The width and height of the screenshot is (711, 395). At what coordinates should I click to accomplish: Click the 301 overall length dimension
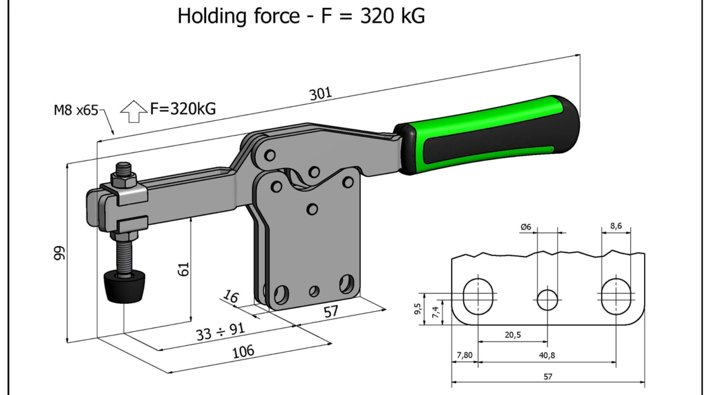[321, 94]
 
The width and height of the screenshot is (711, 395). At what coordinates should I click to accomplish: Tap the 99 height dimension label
[60, 253]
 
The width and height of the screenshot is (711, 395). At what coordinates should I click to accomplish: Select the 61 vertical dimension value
[183, 269]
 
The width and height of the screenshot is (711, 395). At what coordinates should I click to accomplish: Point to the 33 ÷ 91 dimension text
[221, 332]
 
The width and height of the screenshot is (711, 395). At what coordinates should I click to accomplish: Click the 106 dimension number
[243, 351]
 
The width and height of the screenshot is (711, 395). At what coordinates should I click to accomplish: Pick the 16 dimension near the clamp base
[231, 297]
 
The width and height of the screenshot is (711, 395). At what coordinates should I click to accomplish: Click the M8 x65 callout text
[76, 110]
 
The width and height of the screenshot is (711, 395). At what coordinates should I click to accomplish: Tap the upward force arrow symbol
[134, 111]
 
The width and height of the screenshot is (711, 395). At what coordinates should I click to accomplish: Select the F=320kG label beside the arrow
[183, 109]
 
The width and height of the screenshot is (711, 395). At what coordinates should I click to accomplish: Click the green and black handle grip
[487, 134]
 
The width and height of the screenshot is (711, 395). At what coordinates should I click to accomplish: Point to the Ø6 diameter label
[526, 227]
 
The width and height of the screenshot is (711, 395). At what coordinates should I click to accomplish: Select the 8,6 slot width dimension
[616, 225]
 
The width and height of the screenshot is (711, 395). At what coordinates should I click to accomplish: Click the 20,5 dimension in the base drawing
[513, 335]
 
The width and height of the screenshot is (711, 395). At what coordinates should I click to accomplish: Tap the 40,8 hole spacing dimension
[547, 355]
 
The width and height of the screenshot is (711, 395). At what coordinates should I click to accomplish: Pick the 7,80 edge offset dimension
[464, 355]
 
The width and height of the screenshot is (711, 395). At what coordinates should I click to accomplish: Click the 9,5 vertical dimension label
[417, 308]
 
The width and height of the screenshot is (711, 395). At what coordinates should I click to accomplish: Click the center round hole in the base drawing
[548, 300]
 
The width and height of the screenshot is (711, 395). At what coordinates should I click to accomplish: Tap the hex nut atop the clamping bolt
[123, 180]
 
